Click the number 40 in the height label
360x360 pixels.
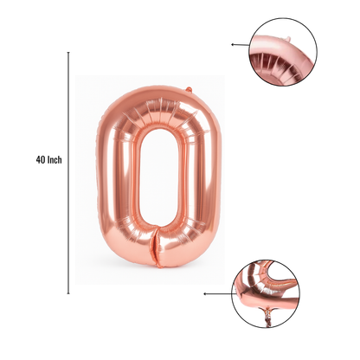40,159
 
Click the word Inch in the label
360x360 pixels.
55,159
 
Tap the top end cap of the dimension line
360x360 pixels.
68,53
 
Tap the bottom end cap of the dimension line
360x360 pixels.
68,293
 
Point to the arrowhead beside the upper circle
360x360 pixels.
232,44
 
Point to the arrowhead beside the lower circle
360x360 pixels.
205,294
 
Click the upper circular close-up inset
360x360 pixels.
283,52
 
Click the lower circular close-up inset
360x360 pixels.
266,293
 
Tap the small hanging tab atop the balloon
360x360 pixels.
189,90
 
